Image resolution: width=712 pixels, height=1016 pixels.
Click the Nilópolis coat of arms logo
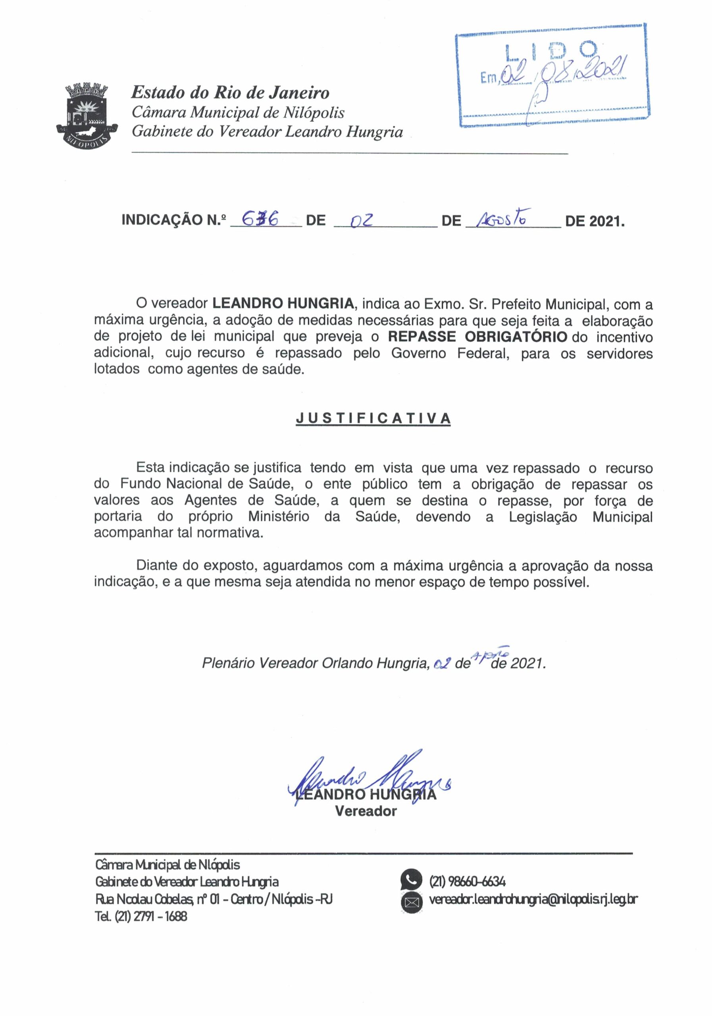tap(87, 115)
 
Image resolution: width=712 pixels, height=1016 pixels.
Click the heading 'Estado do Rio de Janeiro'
tap(230, 92)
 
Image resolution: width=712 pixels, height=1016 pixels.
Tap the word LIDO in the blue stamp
tap(551, 51)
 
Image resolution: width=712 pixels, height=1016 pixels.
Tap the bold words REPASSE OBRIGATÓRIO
tap(477, 337)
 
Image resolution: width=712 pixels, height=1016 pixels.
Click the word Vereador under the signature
tap(366, 811)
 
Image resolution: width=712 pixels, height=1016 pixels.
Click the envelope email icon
tap(411, 902)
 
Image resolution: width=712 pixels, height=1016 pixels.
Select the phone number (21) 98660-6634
tap(467, 881)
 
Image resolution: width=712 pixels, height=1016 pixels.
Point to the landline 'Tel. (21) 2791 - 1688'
tap(141, 916)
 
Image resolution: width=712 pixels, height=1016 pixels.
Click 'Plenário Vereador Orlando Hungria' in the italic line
tap(315, 663)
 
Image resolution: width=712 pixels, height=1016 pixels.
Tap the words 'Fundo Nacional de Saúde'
tap(207, 484)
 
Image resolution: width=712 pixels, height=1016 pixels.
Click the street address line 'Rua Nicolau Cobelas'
tap(213, 899)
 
